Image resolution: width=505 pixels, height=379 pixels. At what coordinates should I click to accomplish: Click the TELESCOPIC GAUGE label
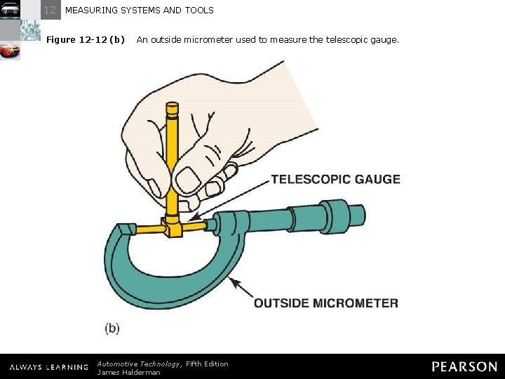click(335, 179)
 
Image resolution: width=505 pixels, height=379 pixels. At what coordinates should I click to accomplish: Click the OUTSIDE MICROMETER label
click(325, 303)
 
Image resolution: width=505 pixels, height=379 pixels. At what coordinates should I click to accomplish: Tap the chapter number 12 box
click(50, 10)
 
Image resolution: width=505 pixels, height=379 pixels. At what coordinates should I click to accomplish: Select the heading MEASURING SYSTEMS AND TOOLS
click(139, 11)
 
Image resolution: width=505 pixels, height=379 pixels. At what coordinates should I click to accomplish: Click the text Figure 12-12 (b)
click(85, 40)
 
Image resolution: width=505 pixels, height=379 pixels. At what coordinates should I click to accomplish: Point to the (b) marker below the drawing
click(112, 327)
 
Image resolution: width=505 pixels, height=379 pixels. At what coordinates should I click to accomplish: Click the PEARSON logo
click(464, 366)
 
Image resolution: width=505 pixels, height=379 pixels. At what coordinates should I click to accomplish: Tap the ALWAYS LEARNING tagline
click(48, 367)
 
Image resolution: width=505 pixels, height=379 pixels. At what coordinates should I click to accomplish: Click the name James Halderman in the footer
click(128, 372)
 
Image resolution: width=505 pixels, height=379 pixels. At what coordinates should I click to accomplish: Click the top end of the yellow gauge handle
click(172, 107)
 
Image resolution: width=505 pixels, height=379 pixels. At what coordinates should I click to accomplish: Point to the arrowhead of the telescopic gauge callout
click(191, 218)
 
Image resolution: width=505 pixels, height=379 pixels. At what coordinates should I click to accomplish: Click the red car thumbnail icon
click(10, 51)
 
